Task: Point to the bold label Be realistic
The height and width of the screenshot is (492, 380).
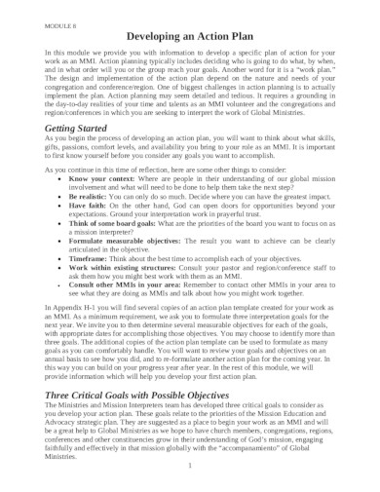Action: [x=89, y=221]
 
